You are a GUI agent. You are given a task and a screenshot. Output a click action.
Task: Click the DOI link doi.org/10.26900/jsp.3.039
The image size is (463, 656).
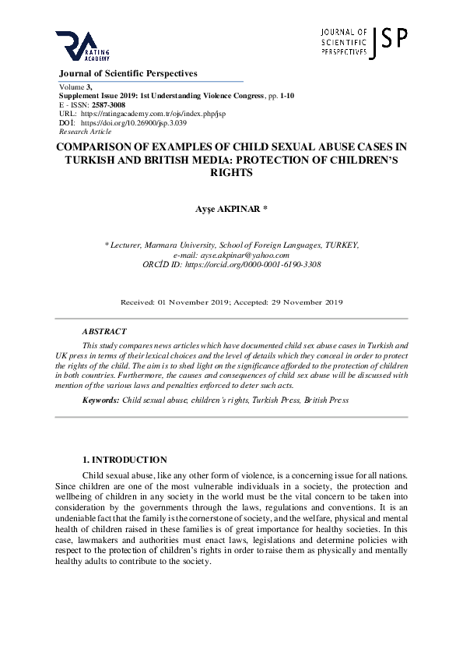tap(133, 123)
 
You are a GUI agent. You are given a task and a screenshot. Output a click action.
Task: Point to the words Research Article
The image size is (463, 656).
tap(85, 132)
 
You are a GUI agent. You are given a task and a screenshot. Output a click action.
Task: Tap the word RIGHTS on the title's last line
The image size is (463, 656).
tap(232, 173)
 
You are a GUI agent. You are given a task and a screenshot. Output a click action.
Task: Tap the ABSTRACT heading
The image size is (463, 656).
tap(104, 331)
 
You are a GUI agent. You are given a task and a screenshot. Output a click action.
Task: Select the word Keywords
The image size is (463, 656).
tap(100, 400)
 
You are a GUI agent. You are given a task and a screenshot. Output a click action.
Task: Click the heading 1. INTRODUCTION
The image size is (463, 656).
tap(125, 460)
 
